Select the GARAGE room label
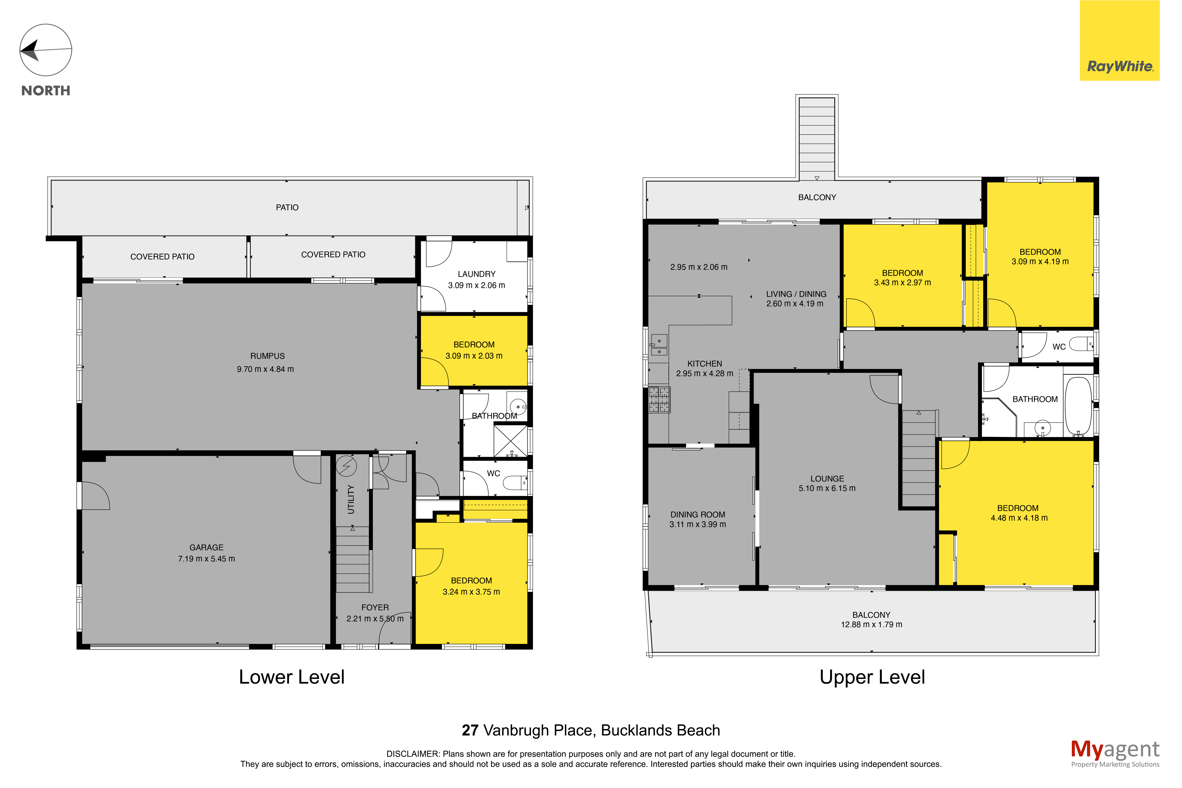(207, 547)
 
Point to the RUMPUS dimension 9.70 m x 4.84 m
(265, 369)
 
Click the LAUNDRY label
(476, 274)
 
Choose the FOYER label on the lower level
(375, 607)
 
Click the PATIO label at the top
(287, 207)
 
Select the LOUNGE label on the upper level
(827, 478)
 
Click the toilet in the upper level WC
(1081, 344)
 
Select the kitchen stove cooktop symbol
(659, 400)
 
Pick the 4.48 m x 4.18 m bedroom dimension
(1019, 518)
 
